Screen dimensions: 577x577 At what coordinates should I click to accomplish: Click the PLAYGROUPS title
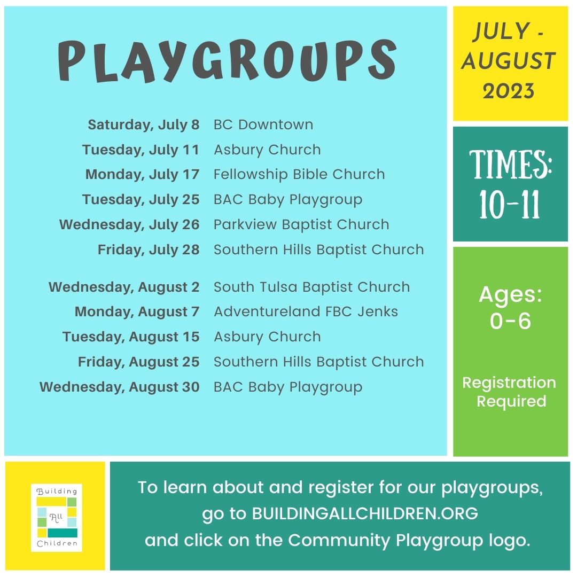[227, 61]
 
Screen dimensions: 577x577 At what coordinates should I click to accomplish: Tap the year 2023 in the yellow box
[509, 91]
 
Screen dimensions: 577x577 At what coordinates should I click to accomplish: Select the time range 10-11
[510, 205]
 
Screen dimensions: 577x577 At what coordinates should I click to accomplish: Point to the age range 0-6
[510, 321]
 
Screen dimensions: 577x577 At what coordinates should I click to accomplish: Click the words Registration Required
[510, 392]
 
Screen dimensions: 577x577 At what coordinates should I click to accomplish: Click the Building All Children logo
[57, 517]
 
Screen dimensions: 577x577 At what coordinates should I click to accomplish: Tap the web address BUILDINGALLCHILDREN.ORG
[365, 513]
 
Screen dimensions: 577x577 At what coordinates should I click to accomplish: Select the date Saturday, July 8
[144, 124]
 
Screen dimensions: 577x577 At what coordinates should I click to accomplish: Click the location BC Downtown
[263, 124]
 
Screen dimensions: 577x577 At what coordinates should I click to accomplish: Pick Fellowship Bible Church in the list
[299, 174]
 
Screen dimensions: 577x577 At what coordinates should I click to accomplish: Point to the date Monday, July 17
[143, 174]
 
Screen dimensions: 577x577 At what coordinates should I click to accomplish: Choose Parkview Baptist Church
[301, 224]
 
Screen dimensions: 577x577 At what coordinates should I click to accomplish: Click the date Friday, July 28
[149, 250]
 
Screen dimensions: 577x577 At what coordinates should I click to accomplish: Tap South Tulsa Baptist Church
[311, 287]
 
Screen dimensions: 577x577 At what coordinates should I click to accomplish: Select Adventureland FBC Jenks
[306, 311]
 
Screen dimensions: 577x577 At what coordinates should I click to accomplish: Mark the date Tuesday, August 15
[131, 337]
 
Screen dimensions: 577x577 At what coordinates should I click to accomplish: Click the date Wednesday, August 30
[120, 387]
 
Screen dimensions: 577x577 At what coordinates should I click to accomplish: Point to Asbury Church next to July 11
[267, 150]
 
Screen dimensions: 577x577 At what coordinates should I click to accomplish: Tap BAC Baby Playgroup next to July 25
[288, 200]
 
